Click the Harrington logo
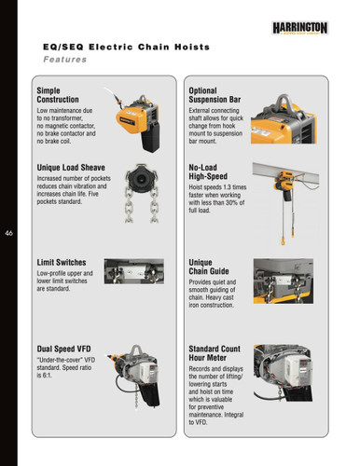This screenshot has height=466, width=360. (300, 28)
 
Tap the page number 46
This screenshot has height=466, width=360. (9, 233)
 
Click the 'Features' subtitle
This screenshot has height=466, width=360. (65, 60)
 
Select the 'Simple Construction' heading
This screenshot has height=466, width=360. (58, 95)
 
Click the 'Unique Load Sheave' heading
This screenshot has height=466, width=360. (71, 168)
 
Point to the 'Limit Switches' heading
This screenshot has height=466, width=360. (62, 263)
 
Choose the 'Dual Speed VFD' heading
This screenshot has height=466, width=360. (63, 349)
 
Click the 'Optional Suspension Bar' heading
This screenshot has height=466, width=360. (215, 95)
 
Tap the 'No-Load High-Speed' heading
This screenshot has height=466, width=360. (208, 171)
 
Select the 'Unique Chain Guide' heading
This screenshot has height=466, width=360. (209, 267)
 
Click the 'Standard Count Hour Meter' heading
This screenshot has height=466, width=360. (215, 353)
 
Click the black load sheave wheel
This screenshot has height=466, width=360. (142, 178)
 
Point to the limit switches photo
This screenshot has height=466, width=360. (134, 271)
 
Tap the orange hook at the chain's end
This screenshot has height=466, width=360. (283, 241)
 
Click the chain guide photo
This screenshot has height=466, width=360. (284, 281)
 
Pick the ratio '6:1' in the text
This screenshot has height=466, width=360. (47, 376)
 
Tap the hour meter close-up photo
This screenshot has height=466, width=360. (283, 373)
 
